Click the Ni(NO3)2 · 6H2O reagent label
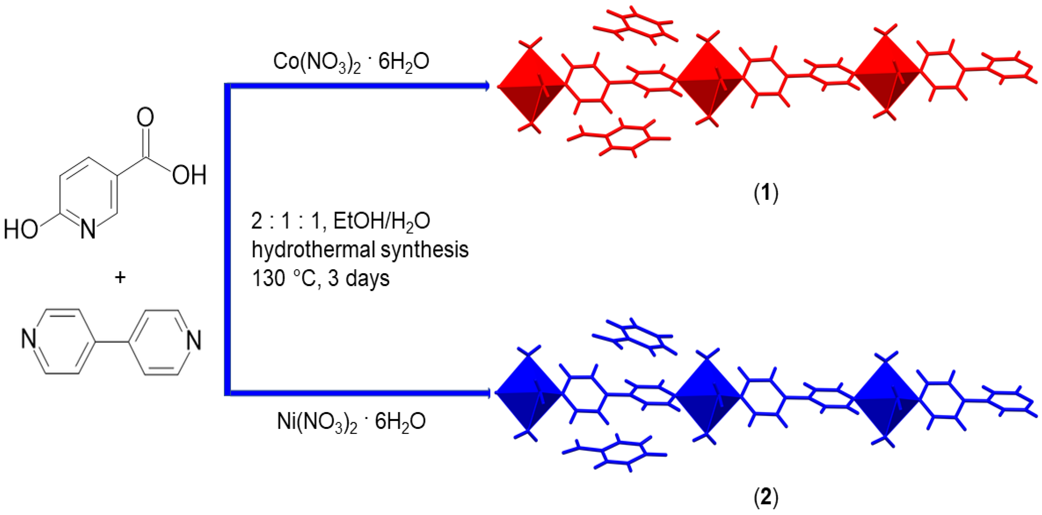[x=351, y=422]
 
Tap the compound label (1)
[x=766, y=193]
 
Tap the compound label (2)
[x=766, y=497]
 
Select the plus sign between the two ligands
[x=120, y=277]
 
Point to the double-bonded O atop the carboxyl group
[x=145, y=117]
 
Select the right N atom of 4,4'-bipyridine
[x=194, y=340]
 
